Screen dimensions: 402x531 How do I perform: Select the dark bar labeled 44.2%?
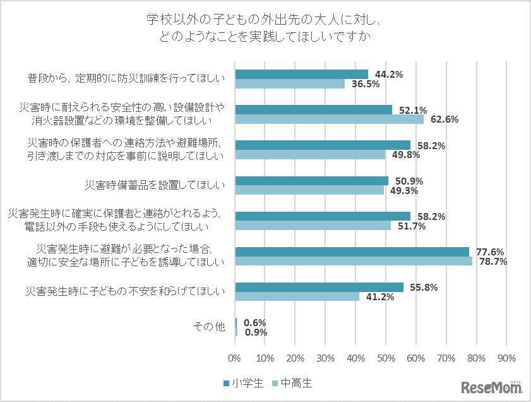point(301,74)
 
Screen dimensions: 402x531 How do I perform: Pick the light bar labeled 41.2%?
point(297,296)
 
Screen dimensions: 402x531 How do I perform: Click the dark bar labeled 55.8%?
point(319,287)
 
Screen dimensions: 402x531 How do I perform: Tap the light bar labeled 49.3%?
point(309,190)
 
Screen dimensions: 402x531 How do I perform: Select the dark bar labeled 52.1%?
point(313,109)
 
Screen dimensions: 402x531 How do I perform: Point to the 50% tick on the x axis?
point(386,358)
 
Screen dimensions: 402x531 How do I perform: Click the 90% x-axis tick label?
point(506,358)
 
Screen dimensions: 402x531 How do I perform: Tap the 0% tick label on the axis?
point(235,358)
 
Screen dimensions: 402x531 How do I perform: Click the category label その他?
point(208,327)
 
